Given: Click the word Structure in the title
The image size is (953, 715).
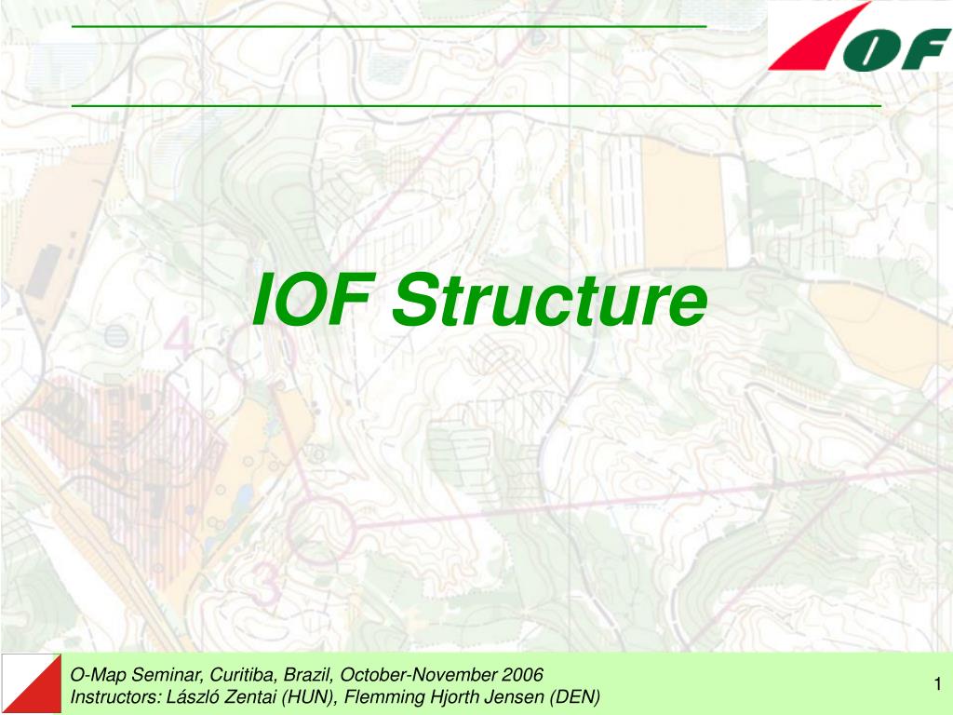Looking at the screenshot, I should [548, 302].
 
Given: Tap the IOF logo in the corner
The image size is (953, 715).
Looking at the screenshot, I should [859, 37].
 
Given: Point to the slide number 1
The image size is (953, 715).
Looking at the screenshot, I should [939, 686].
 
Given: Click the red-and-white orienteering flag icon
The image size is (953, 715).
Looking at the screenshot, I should [31, 684].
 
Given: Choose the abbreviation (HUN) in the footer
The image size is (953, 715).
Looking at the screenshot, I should [308, 697].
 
